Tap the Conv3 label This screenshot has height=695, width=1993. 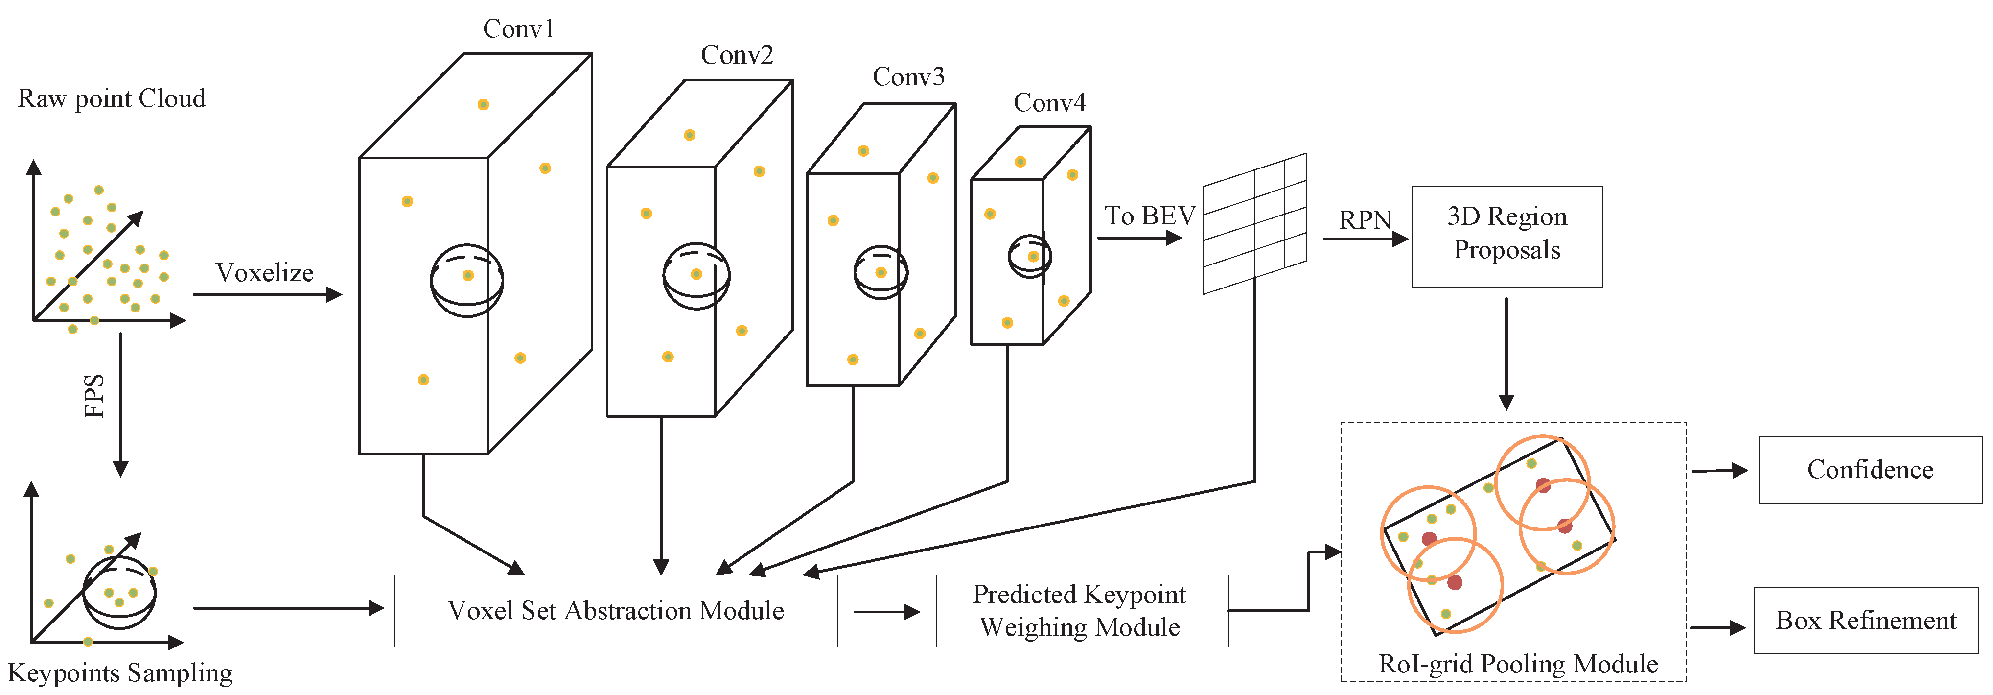pos(908,76)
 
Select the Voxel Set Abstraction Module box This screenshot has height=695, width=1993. pos(615,611)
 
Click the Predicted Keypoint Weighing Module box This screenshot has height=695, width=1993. pos(1081,611)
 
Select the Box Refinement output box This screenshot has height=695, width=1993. pos(1865,621)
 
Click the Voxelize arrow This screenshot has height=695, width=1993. pos(267,294)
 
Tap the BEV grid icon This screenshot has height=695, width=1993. pos(1254,224)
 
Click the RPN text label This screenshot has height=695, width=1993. pos(1365,220)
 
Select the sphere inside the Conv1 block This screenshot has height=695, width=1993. pos(466,280)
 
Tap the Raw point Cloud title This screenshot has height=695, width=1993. pos(112,99)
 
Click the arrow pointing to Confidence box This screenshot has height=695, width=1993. pos(1719,470)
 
